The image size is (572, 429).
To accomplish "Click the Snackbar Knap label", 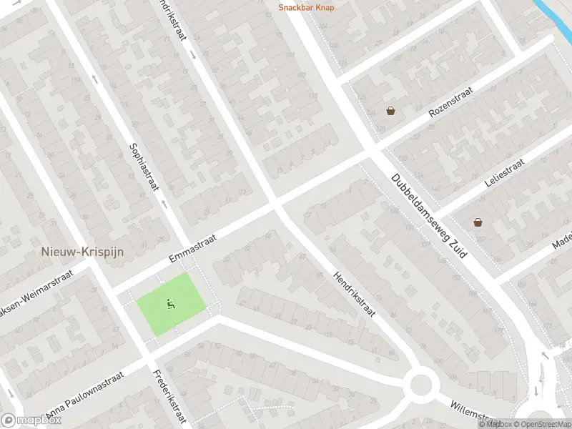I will pos(306,8).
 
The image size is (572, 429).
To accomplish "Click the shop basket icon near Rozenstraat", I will pos(390,111).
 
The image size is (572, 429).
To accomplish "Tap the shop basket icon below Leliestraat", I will pos(478,222).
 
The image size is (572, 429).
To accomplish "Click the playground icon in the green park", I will pos(171,304).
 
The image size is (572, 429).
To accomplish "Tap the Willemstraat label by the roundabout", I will pos(472,413).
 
